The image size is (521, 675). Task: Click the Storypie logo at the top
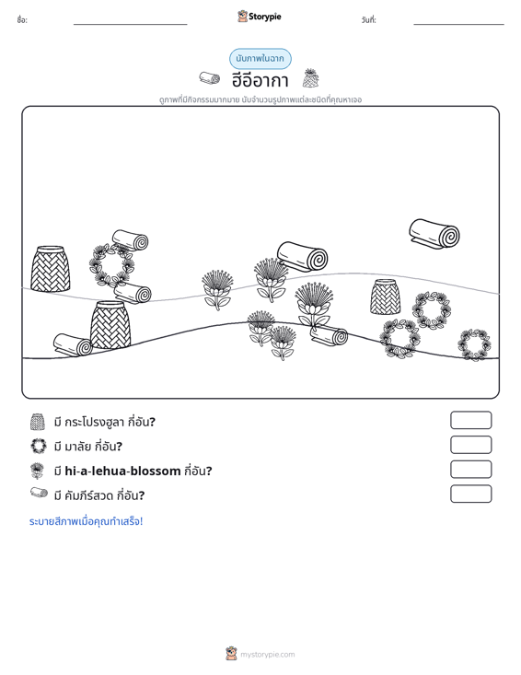point(260,17)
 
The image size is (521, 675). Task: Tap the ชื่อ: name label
point(22,20)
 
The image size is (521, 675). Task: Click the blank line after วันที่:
point(458,24)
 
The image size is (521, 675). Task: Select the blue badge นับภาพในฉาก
point(260,59)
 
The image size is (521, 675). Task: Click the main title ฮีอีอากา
point(260,80)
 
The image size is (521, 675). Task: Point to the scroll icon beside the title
point(210,78)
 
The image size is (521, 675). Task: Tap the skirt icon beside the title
point(310,78)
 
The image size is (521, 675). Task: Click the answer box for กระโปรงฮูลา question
point(470,420)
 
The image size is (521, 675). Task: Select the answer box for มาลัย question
point(470,445)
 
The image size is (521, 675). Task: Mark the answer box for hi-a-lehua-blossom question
point(470,470)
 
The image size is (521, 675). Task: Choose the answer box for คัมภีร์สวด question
point(470,494)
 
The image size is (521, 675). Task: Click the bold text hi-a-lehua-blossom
point(122,471)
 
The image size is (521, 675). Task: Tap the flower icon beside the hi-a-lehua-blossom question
point(38,471)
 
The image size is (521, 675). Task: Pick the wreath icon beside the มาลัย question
point(39,446)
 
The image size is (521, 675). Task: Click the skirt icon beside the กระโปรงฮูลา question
point(38,422)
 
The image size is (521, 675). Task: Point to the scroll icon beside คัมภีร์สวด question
point(39,493)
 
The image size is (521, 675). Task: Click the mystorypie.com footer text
point(268,655)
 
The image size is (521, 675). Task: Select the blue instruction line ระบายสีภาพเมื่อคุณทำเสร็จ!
point(86,521)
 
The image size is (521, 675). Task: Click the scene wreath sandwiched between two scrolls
point(111,265)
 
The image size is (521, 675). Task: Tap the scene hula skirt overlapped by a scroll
point(110,325)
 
